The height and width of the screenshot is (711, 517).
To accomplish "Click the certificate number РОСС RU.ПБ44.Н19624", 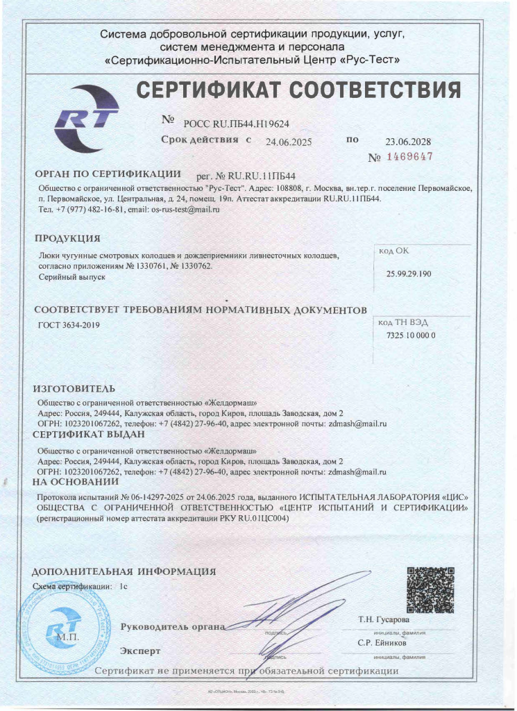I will point(236,124).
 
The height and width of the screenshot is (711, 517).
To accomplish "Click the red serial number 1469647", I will point(409,157).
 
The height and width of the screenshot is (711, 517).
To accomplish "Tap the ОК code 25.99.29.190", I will point(409,274).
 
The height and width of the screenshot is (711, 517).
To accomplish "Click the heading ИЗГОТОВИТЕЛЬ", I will point(75,387).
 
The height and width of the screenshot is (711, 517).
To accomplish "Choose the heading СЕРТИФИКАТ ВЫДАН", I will point(89,435).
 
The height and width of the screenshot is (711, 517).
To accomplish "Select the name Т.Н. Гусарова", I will point(384,619).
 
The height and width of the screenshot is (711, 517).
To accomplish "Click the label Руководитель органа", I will point(173,627).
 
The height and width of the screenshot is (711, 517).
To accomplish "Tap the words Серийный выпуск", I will point(71,276).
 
